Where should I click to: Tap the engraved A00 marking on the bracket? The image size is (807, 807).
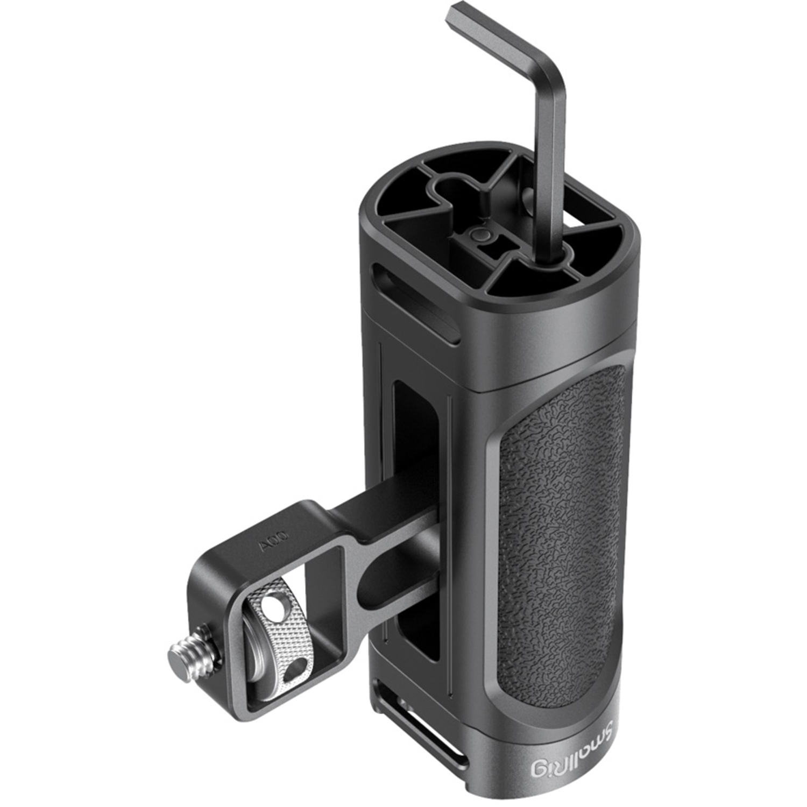(x=274, y=548)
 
